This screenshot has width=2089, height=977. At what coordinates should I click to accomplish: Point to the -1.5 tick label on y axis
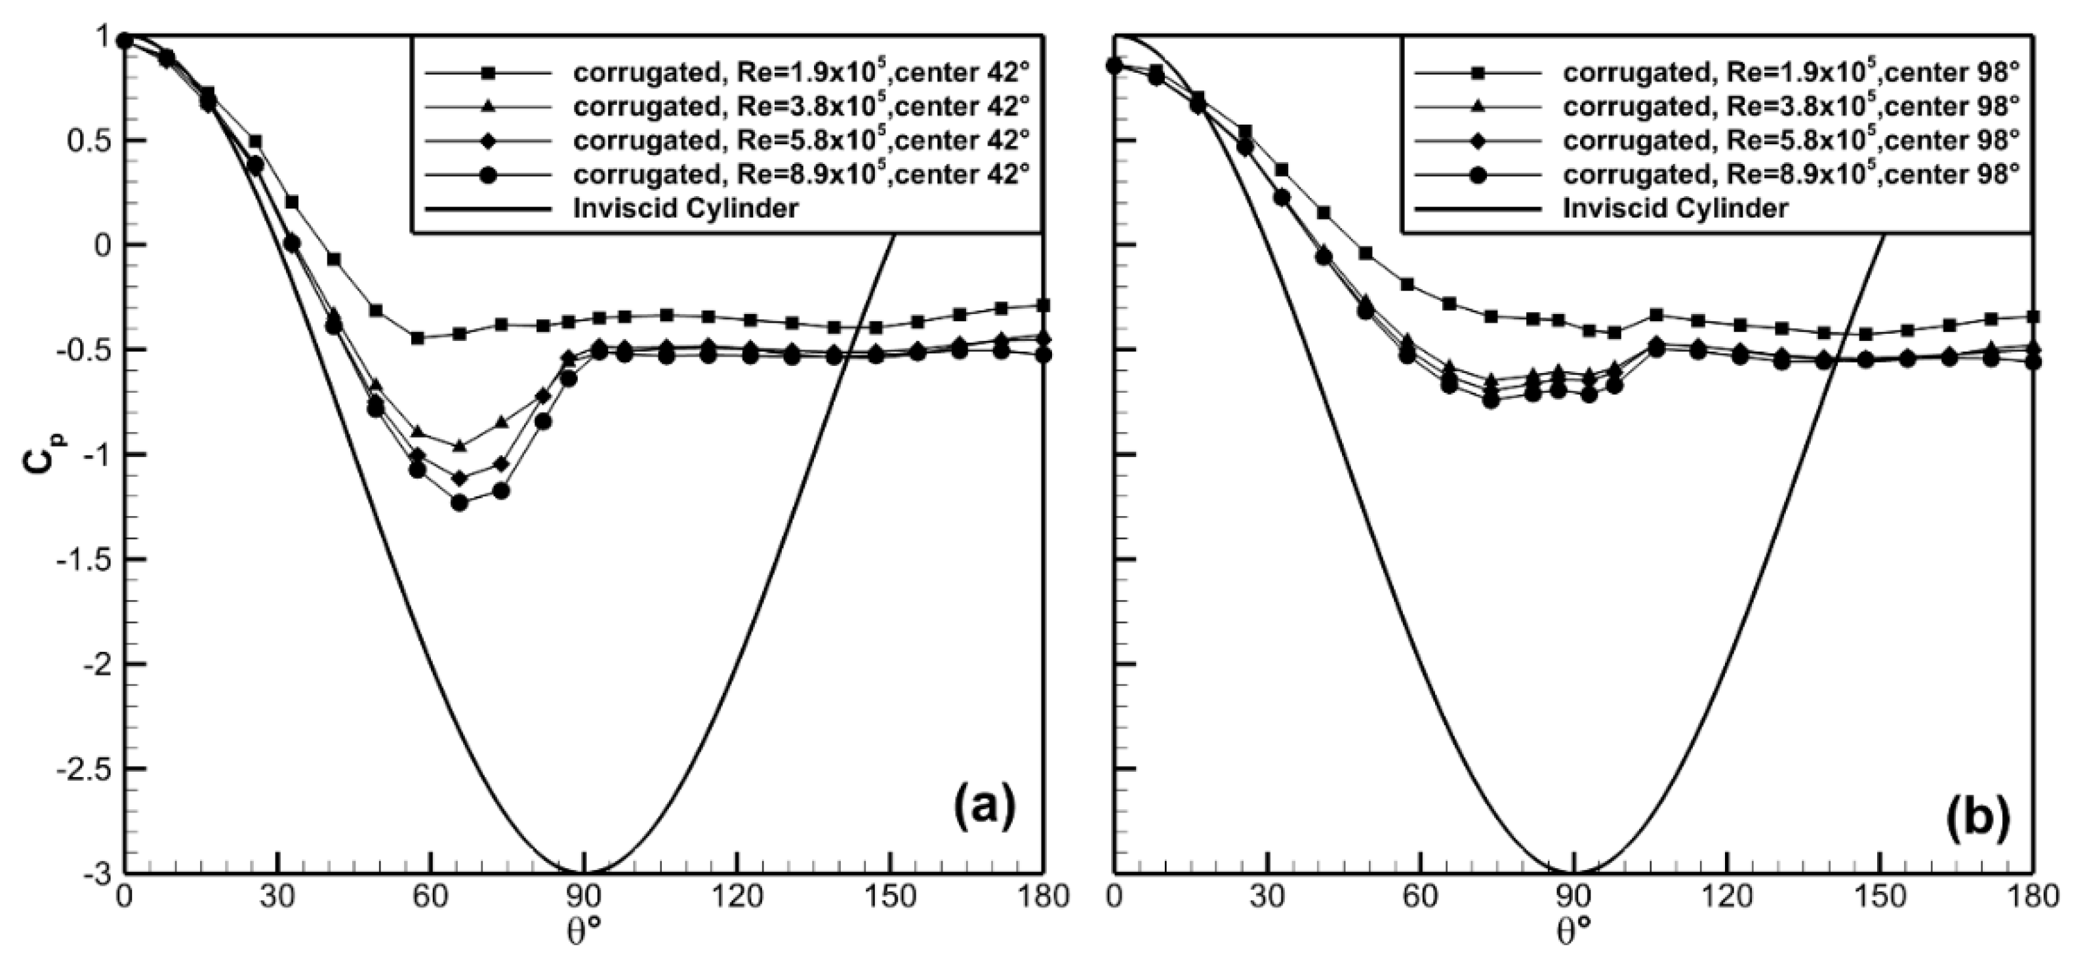coord(81,559)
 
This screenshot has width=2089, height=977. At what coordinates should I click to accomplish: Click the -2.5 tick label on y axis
coord(81,768)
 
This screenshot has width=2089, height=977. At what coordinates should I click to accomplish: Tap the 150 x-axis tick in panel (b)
coord(1880,897)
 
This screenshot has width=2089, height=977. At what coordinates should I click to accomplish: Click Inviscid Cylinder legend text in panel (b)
coord(1675,209)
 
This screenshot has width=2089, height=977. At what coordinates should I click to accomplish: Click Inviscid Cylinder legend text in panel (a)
coord(686,209)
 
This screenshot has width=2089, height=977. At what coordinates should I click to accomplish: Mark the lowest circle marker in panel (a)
coord(459,503)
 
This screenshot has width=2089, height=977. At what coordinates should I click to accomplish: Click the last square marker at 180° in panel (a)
coord(1044,306)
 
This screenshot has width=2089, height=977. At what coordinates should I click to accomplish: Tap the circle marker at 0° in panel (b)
coord(1115,65)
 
